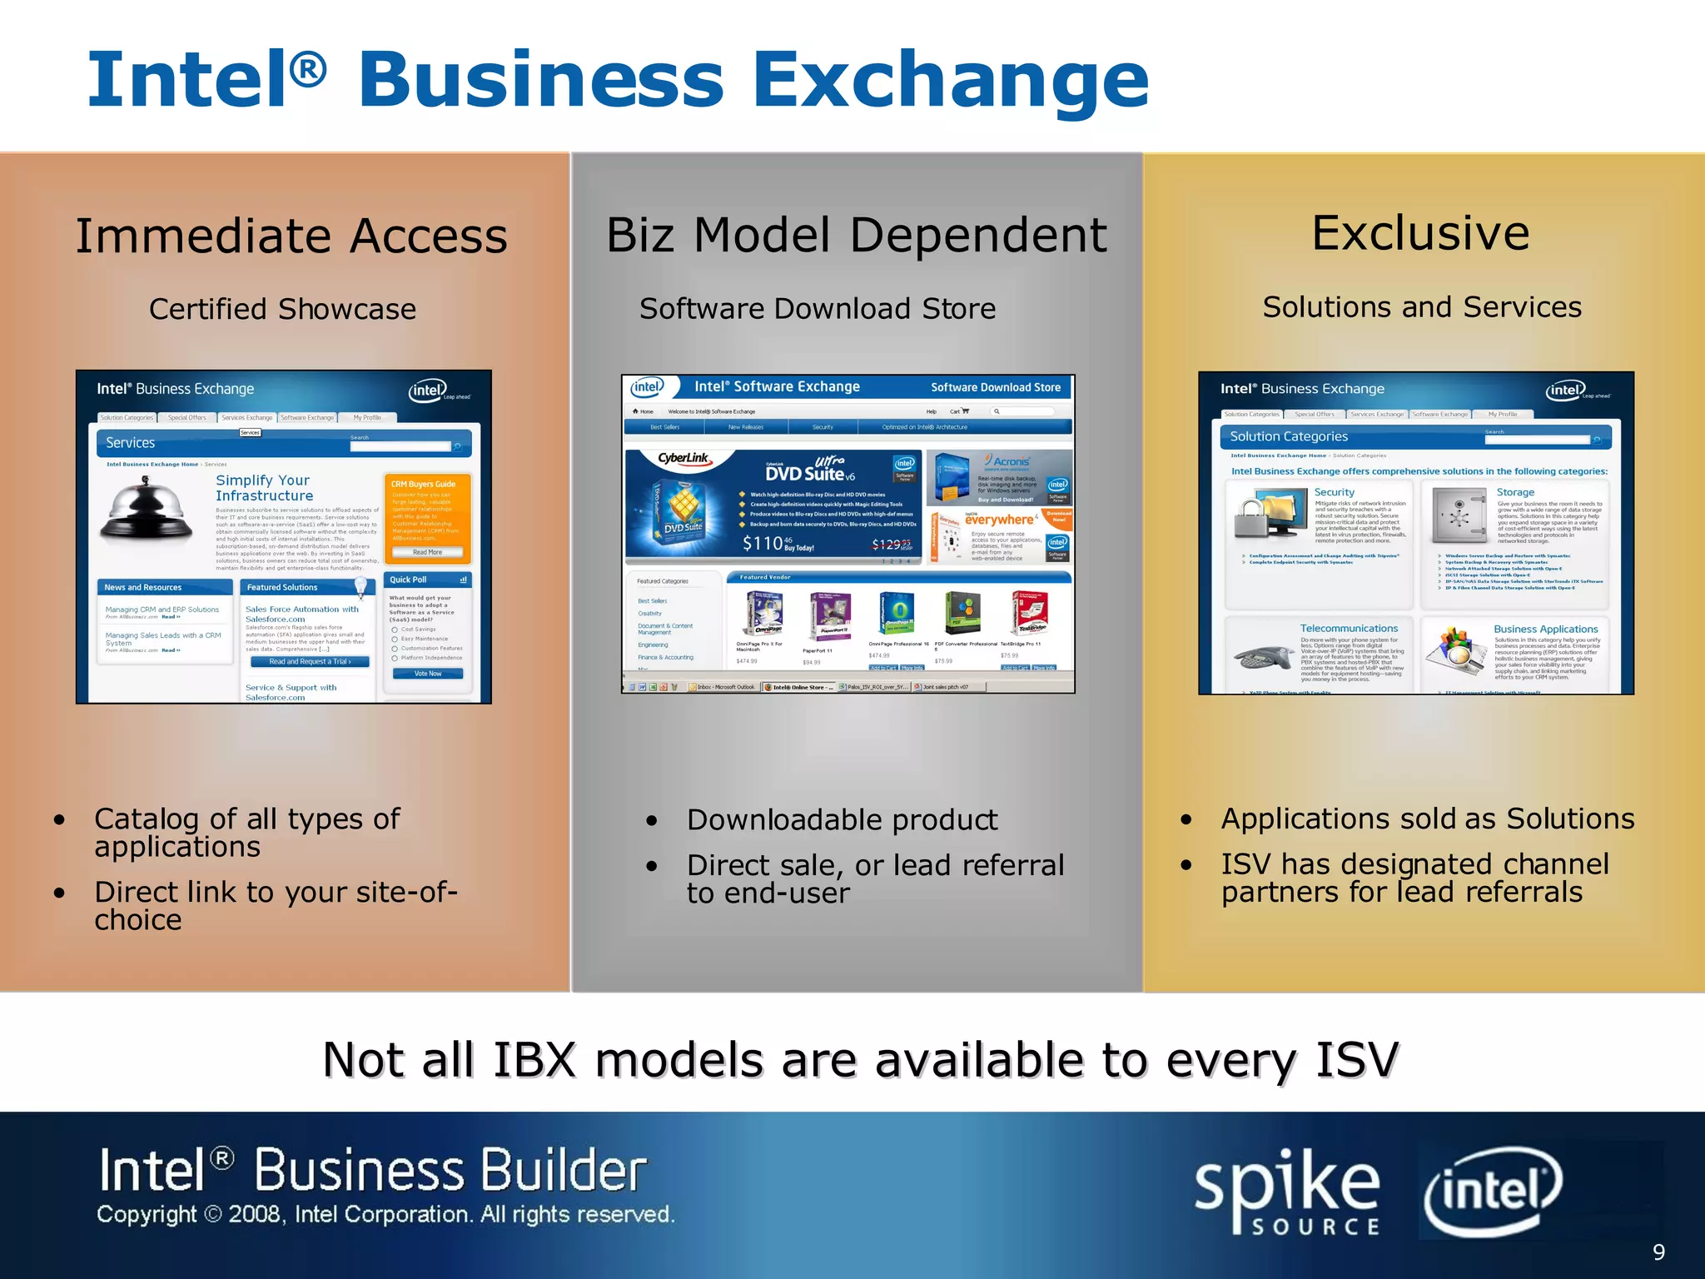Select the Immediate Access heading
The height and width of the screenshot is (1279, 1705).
pyautogui.click(x=291, y=236)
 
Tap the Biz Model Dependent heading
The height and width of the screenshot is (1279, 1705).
pyautogui.click(x=856, y=235)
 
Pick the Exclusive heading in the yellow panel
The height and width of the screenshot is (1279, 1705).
pyautogui.click(x=1420, y=233)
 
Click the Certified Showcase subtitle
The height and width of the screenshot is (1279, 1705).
pyautogui.click(x=282, y=309)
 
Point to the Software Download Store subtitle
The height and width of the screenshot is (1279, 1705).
pyautogui.click(x=817, y=309)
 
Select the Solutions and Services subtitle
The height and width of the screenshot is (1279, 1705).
pyautogui.click(x=1421, y=307)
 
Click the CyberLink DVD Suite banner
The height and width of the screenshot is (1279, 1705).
pyautogui.click(x=774, y=505)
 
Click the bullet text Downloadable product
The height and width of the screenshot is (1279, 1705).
pyautogui.click(x=842, y=820)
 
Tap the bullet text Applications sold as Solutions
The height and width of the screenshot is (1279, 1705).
pyautogui.click(x=1427, y=819)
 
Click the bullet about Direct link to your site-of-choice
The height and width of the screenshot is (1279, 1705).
pyautogui.click(x=275, y=905)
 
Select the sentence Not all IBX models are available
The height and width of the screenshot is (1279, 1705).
pyautogui.click(x=860, y=1060)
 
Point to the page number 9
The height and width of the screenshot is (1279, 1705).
pyautogui.click(x=1658, y=1252)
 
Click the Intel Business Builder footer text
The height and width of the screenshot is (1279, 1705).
pyautogui.click(x=373, y=1170)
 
